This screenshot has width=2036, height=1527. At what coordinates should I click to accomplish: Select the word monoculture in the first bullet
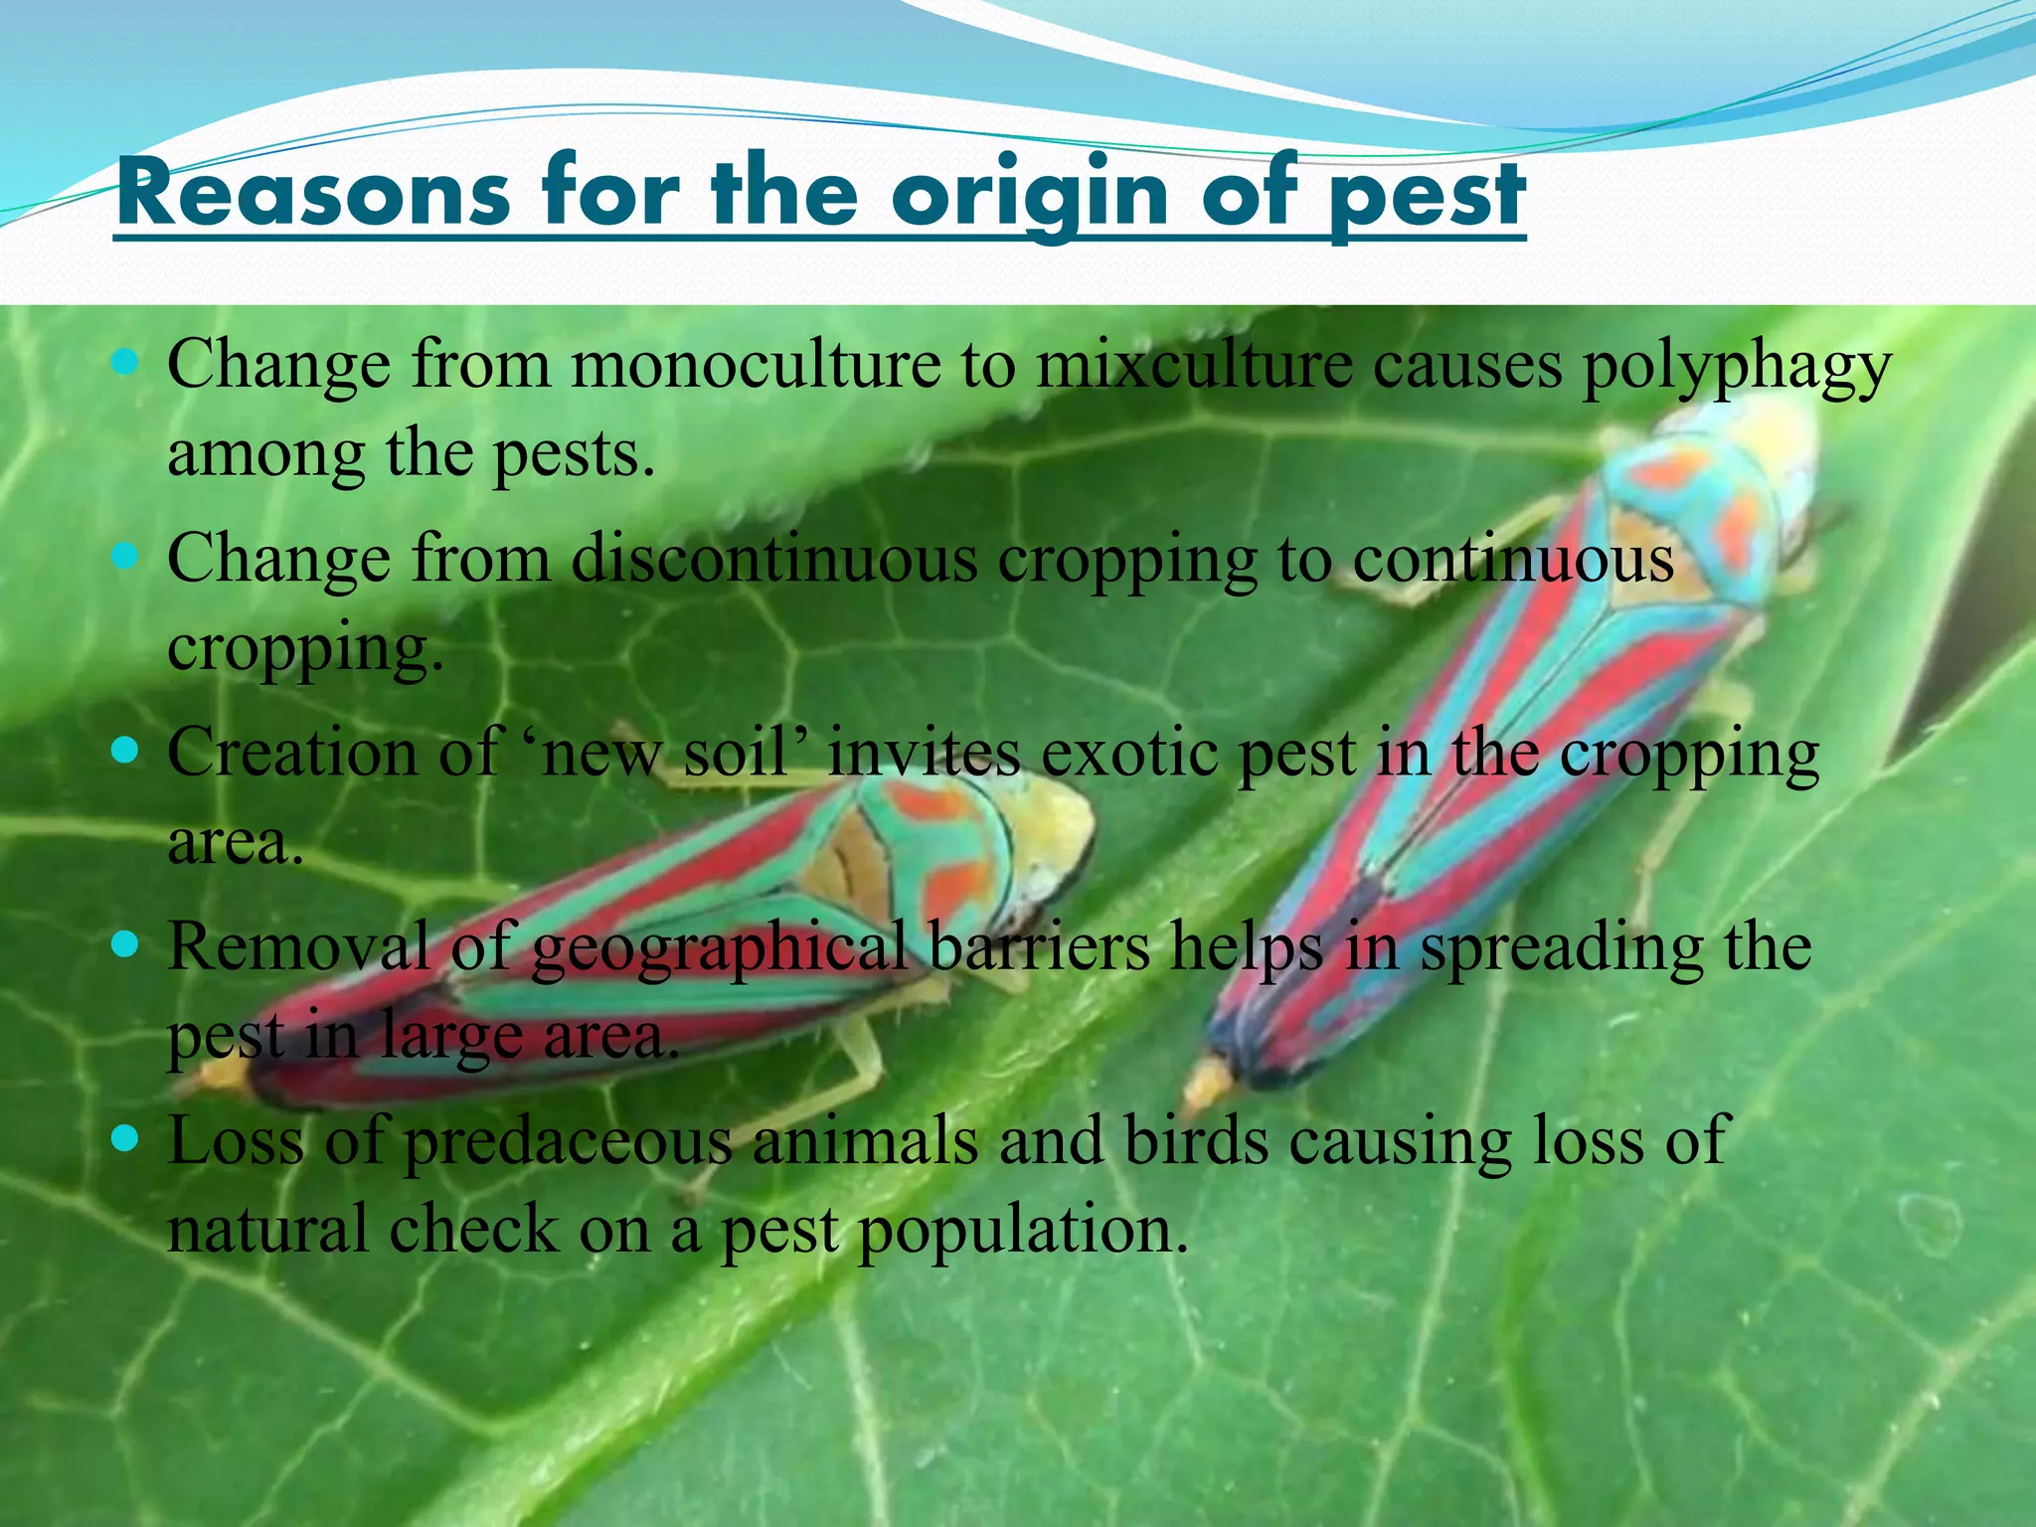(x=756, y=365)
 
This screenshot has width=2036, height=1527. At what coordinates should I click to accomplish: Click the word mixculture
(x=1194, y=365)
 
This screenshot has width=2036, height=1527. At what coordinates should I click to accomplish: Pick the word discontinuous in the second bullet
(x=774, y=559)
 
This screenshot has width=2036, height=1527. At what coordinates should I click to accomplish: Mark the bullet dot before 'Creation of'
(x=125, y=749)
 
